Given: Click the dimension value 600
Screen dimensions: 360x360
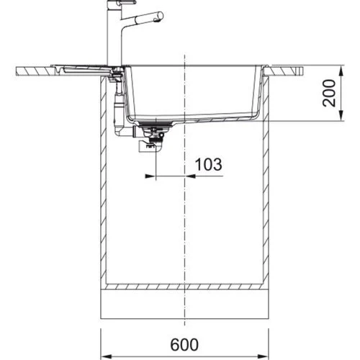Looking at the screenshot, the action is (x=184, y=345).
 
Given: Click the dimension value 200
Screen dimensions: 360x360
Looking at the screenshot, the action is (x=328, y=93).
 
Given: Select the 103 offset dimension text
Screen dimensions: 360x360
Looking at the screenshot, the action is (x=208, y=164).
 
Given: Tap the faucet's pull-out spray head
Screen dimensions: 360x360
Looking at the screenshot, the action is (x=149, y=17).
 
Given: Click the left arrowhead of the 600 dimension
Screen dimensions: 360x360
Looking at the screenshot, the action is (x=106, y=356).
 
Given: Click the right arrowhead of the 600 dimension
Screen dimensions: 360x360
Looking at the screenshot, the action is (x=264, y=356).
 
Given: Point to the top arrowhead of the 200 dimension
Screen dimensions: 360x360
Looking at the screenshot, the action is (x=341, y=71).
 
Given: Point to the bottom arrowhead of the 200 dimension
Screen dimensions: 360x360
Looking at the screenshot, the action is (x=341, y=115).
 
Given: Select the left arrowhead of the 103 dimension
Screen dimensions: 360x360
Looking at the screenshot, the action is (x=150, y=176).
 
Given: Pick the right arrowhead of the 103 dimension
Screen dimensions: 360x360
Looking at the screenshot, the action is (x=190, y=176).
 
